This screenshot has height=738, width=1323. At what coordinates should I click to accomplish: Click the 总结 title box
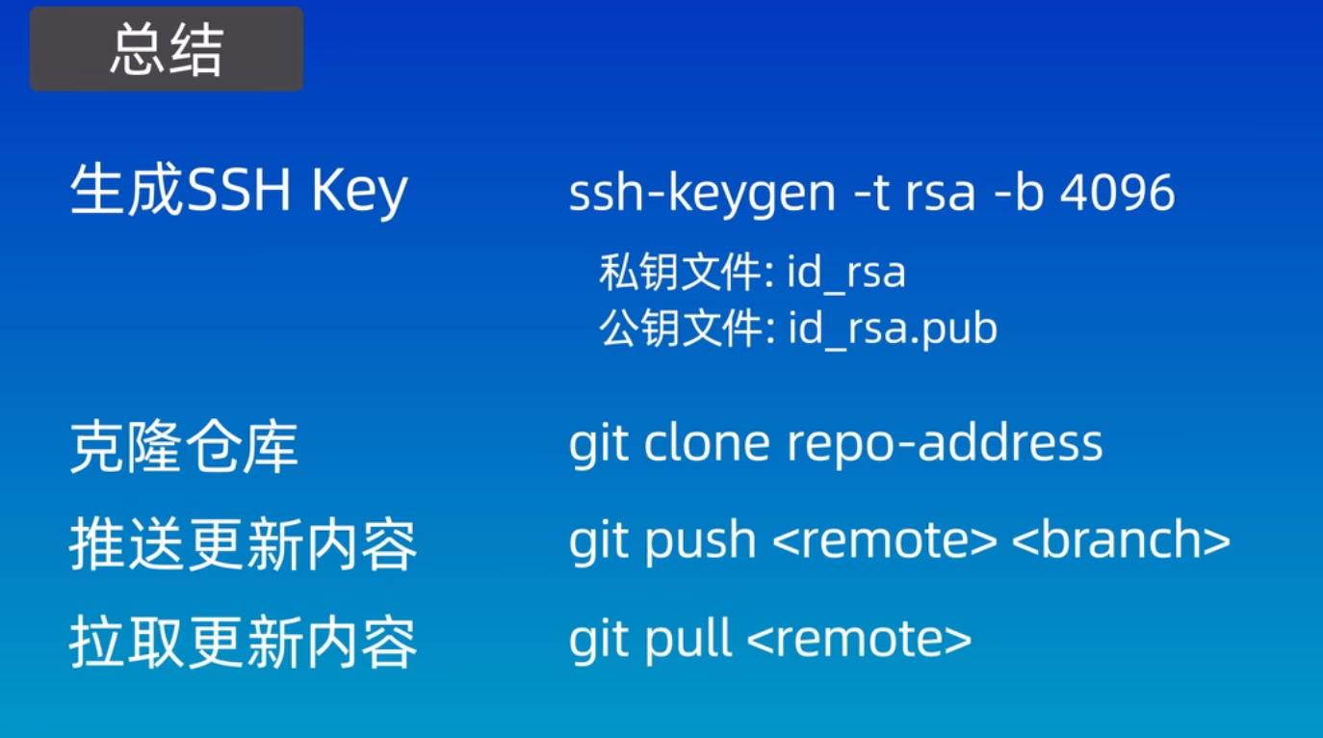coord(167,49)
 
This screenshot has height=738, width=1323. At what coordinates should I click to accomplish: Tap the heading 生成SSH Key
coord(239,190)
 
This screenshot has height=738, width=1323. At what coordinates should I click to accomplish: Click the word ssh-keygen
coord(702,194)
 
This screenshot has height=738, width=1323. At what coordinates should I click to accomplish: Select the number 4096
coord(1118,193)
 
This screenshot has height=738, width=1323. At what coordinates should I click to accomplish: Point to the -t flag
coord(872,194)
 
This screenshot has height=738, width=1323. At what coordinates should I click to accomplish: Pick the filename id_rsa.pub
coord(893,329)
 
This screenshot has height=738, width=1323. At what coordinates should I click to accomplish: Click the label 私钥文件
coord(680,272)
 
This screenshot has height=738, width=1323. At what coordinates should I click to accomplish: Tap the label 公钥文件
coord(680,328)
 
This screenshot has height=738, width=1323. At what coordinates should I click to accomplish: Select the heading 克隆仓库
coord(184,447)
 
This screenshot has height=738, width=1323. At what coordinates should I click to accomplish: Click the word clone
coord(707,443)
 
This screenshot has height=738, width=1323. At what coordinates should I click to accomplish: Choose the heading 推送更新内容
coord(244,544)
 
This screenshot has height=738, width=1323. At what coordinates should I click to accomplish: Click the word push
coord(700,540)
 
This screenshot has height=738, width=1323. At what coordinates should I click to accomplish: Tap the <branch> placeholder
coord(1121,539)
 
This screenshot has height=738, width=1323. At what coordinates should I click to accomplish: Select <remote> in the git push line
coord(884,540)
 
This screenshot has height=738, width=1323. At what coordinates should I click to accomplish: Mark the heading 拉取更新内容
coord(244,643)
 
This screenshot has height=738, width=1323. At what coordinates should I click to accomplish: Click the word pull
coord(688,639)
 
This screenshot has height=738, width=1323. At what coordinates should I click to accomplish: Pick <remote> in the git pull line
coord(859,639)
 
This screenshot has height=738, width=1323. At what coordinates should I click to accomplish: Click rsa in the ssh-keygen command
coord(941,195)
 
